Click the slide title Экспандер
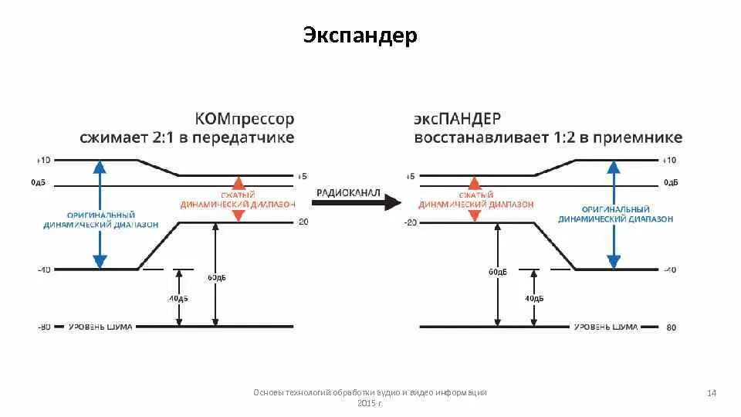360,36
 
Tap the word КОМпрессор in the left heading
245,119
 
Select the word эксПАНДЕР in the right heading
457,119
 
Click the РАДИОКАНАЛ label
349,192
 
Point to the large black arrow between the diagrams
357,203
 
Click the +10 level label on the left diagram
42,160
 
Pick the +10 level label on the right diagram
669,160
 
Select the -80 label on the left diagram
43,327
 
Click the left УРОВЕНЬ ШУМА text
100,327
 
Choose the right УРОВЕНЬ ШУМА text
605,327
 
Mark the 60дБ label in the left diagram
218,277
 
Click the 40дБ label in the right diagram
534,298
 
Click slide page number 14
712,395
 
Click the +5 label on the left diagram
301,176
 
